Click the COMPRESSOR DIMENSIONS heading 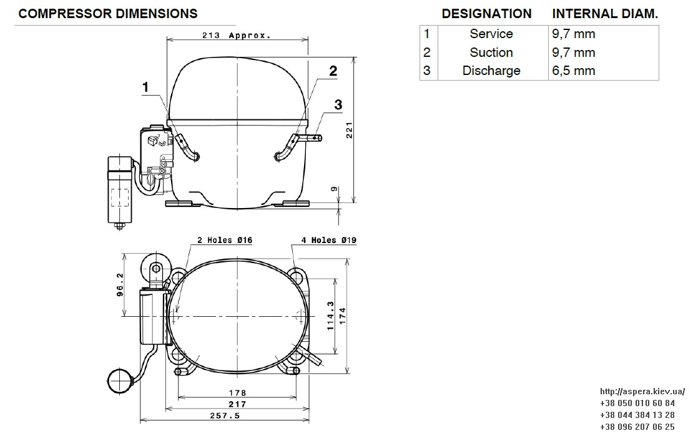pyautogui.click(x=108, y=14)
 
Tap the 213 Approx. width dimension pyautogui.click(x=237, y=36)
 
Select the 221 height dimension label pyautogui.click(x=349, y=130)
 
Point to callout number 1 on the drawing pyautogui.click(x=145, y=87)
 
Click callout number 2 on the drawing pyautogui.click(x=333, y=71)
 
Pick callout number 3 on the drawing pyautogui.click(x=338, y=105)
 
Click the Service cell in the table pyautogui.click(x=491, y=34)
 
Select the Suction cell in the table pyautogui.click(x=491, y=52)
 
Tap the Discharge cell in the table pyautogui.click(x=491, y=71)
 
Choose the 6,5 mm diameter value pyautogui.click(x=573, y=71)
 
